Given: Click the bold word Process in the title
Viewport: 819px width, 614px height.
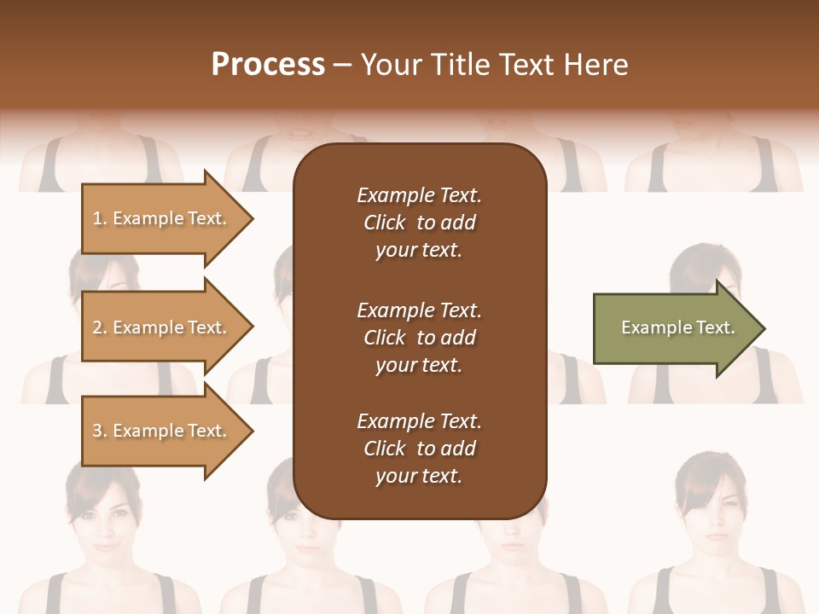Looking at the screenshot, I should (x=268, y=65).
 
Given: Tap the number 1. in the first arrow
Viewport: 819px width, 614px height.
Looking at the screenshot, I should (x=100, y=218).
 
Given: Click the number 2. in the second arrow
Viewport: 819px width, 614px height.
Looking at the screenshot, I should (x=100, y=327).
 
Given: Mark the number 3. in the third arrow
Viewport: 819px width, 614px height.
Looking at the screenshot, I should (x=100, y=431).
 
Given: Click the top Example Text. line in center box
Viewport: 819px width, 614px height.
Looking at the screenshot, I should (x=419, y=195).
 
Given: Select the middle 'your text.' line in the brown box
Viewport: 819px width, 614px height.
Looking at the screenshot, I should (x=418, y=365).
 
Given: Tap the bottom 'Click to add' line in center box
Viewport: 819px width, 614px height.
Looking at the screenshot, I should (x=419, y=449).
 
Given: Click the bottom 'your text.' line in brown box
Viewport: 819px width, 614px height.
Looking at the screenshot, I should (x=418, y=477).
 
